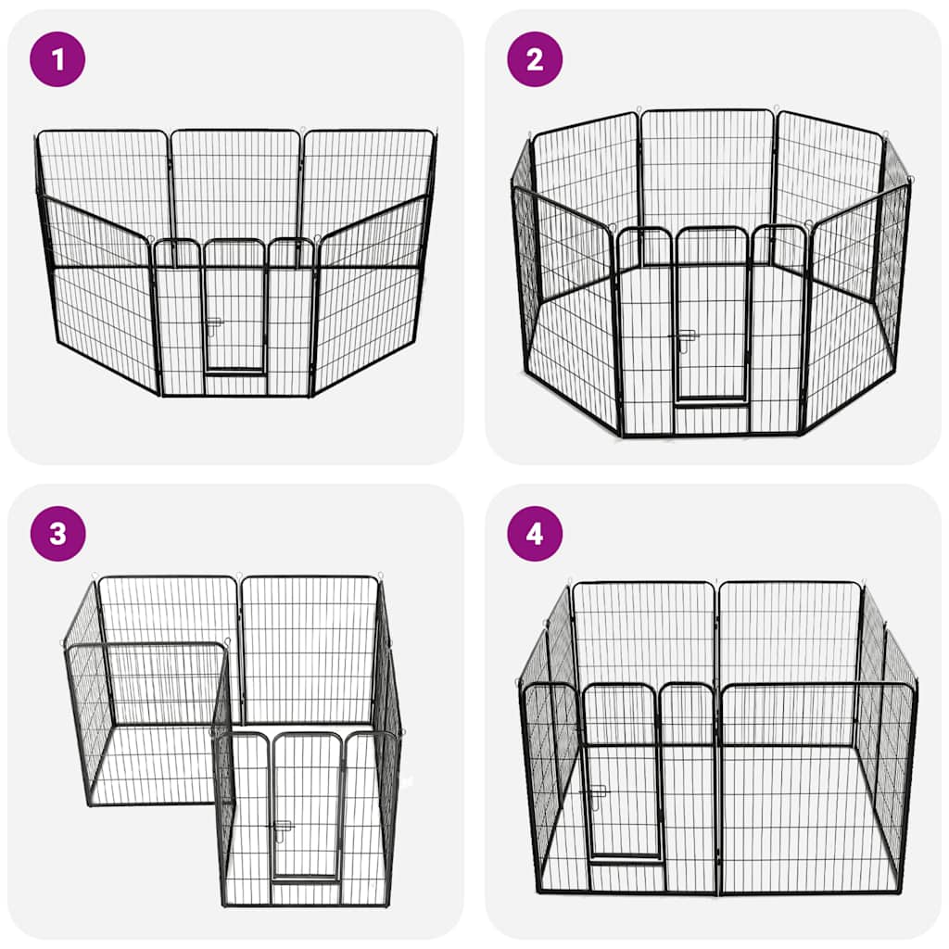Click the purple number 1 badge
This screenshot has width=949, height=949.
[x=57, y=59]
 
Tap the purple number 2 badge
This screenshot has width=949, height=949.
[x=535, y=59]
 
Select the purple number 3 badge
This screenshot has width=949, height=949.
[x=57, y=534]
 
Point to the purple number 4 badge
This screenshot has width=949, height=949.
[x=535, y=534]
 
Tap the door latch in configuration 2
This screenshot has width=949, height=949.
[x=686, y=339]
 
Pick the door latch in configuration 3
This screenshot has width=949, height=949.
[x=282, y=827]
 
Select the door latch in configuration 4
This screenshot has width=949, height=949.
[x=594, y=793]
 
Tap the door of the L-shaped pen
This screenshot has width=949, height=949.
[x=306, y=806]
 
